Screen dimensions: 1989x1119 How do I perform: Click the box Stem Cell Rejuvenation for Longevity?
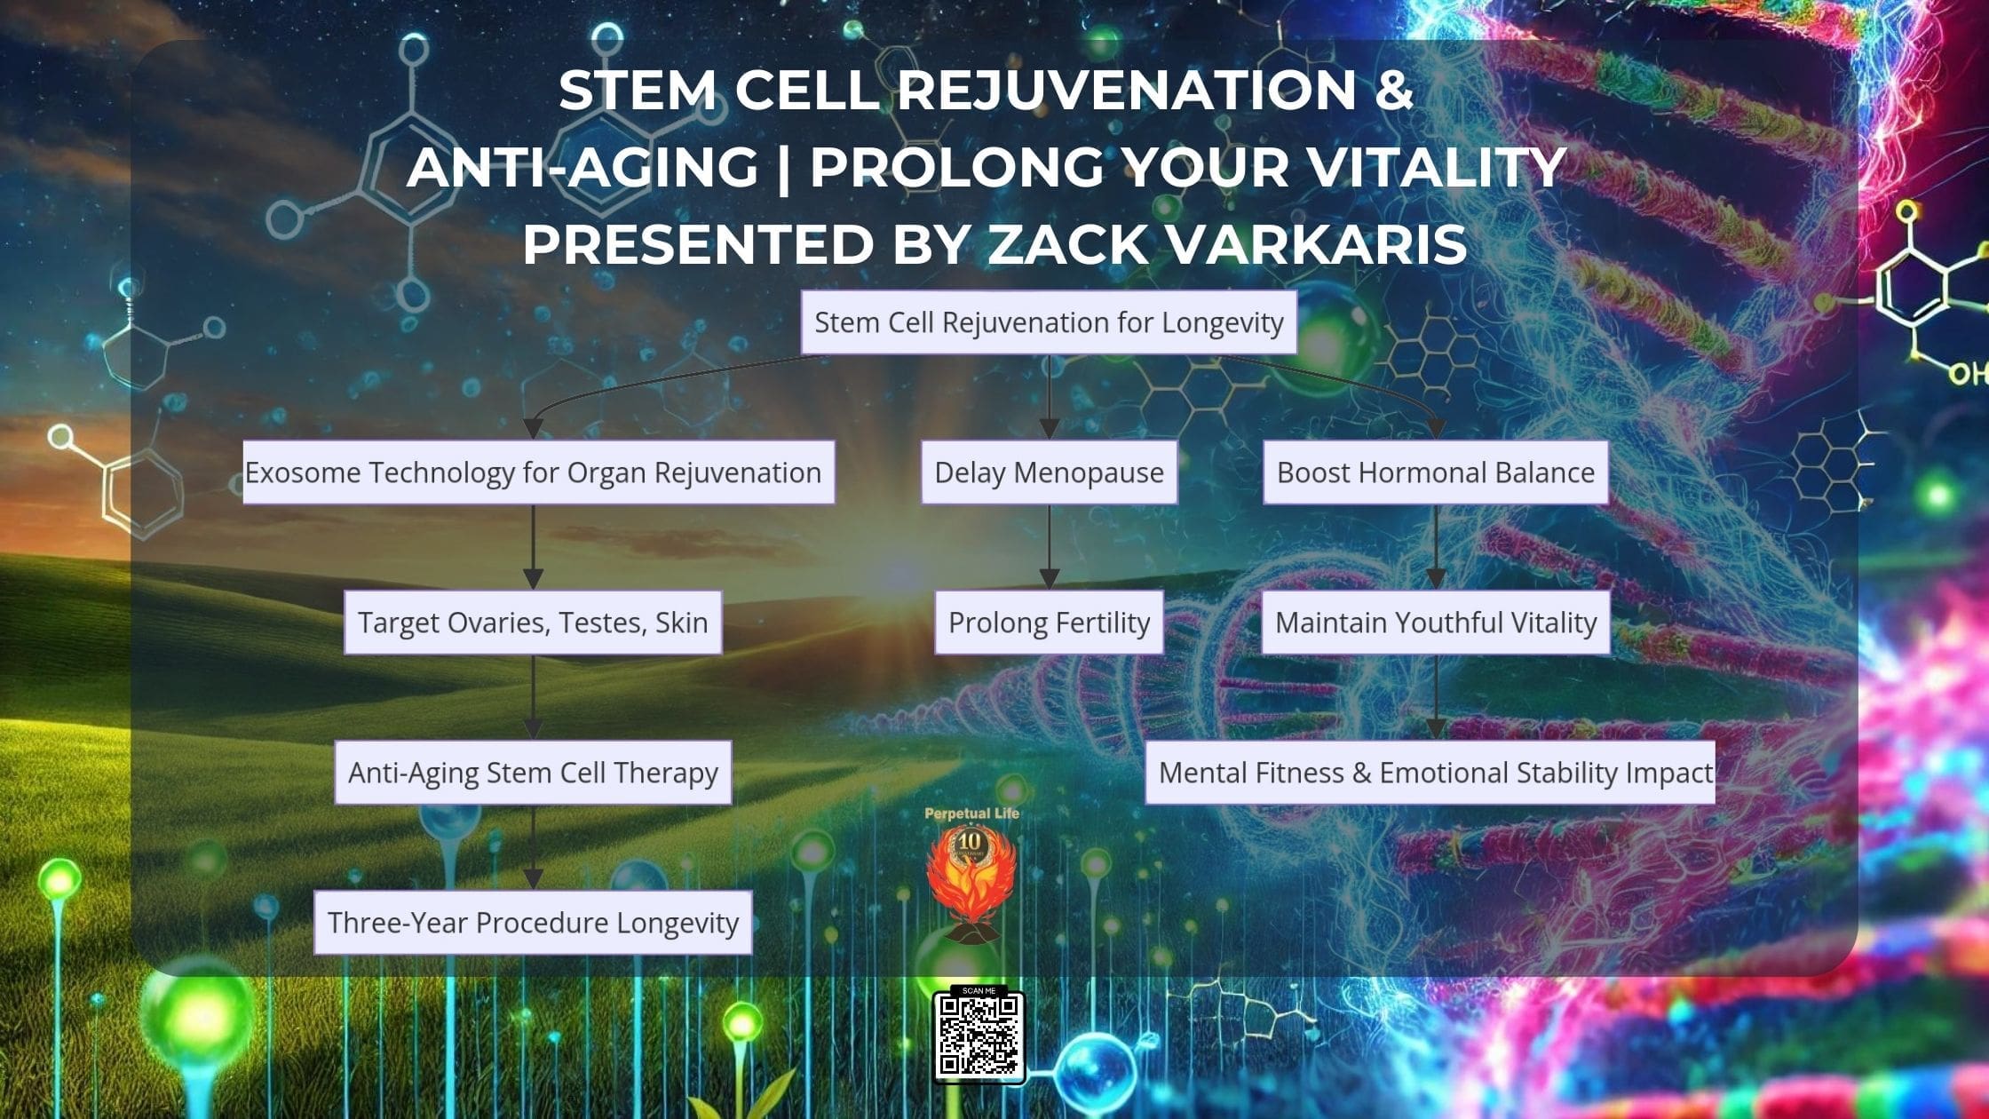1049,322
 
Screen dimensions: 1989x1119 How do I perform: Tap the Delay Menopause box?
1050,472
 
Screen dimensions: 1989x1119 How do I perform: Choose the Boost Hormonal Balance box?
1436,472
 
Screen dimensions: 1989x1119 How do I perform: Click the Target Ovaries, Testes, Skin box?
533,623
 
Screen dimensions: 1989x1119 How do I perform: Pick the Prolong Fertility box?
1050,623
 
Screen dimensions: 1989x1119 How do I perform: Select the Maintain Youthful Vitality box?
1436,623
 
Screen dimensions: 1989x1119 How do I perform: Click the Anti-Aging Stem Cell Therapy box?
533,773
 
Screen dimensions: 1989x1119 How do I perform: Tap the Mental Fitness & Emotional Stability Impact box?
1430,773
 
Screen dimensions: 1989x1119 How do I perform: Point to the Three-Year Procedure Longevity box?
533,923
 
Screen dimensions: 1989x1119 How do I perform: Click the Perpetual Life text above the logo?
971,813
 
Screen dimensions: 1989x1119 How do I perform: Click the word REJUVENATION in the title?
1126,90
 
